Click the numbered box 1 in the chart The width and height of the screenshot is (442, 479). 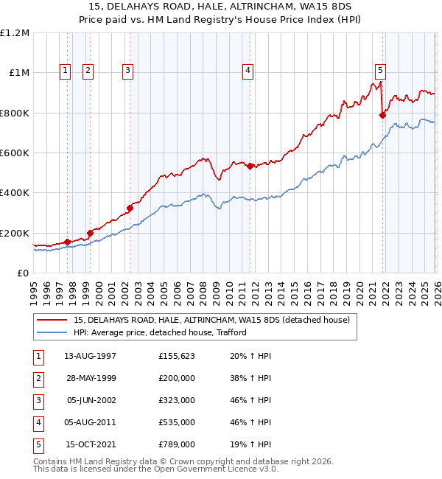[x=66, y=71]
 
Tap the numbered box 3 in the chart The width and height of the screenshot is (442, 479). [x=127, y=71]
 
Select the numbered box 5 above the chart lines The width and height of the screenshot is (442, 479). [x=380, y=71]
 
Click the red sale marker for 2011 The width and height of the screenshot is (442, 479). [x=250, y=166]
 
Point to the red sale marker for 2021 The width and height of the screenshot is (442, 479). [x=383, y=115]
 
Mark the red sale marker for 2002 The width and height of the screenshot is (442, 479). [x=130, y=208]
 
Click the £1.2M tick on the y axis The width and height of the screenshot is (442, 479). [x=15, y=33]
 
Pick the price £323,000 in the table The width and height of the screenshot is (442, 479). [x=177, y=400]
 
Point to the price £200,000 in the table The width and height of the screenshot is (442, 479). [x=177, y=378]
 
